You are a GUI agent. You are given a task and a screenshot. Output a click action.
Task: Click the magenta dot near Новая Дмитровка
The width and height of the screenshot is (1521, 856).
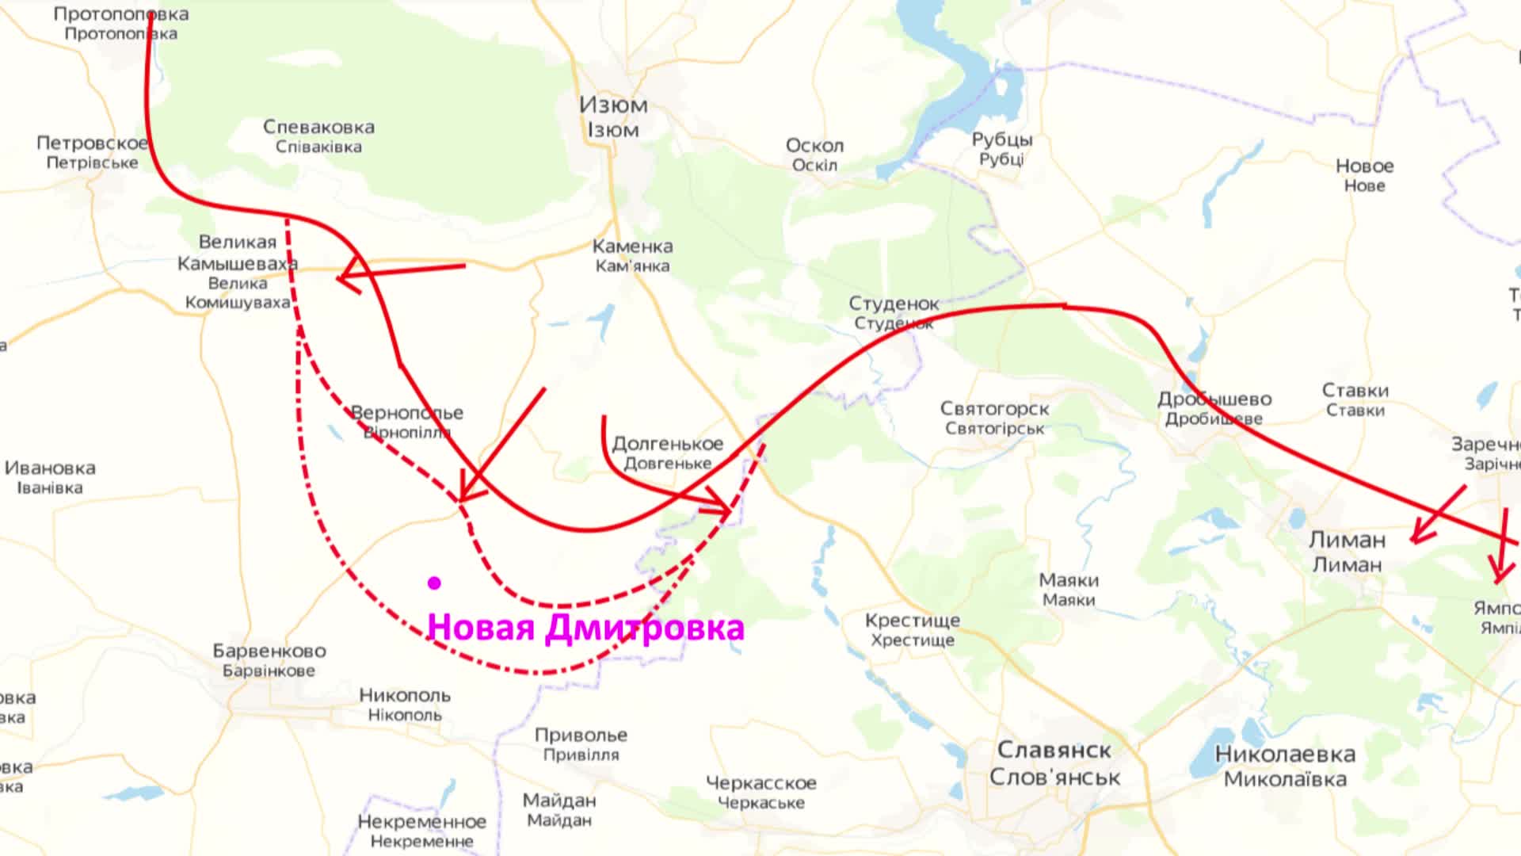point(434,583)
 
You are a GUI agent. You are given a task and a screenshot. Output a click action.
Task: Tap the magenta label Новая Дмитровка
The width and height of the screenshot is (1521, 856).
point(585,628)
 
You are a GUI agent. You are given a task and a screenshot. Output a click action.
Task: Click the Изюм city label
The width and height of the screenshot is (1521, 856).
point(613,105)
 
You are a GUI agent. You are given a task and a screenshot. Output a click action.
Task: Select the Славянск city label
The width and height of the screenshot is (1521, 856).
point(1054,750)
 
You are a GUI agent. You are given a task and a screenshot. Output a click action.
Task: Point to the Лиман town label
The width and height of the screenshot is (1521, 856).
point(1347,541)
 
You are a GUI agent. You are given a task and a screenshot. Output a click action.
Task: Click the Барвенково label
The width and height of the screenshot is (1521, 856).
point(269,652)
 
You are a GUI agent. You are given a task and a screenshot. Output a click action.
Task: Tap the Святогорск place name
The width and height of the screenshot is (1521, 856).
point(994,409)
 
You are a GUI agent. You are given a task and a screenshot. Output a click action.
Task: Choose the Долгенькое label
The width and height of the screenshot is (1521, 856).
point(667,444)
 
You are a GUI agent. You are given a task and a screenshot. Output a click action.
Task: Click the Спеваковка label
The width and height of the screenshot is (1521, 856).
point(318,127)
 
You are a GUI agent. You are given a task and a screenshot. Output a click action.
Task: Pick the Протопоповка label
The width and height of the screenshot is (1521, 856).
point(121,14)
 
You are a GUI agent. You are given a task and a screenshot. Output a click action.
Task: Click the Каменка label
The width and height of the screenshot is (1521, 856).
point(632,246)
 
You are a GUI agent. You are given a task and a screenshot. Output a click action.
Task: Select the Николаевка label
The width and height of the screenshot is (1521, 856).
point(1285,755)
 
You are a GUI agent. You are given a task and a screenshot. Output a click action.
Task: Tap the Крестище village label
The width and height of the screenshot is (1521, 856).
point(912,621)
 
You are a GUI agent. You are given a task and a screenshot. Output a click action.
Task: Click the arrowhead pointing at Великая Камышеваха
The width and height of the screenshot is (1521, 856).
point(341,278)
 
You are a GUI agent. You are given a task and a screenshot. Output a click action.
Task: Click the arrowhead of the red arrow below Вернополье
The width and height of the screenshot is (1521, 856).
point(463,497)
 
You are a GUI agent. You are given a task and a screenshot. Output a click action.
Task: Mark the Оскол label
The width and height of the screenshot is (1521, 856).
point(814,146)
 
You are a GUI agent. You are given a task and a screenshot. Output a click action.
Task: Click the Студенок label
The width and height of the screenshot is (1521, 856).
point(894,304)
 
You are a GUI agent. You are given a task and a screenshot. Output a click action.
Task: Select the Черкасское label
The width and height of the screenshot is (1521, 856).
point(760,783)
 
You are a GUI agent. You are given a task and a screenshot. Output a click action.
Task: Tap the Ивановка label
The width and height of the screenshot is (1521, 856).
point(50,468)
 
